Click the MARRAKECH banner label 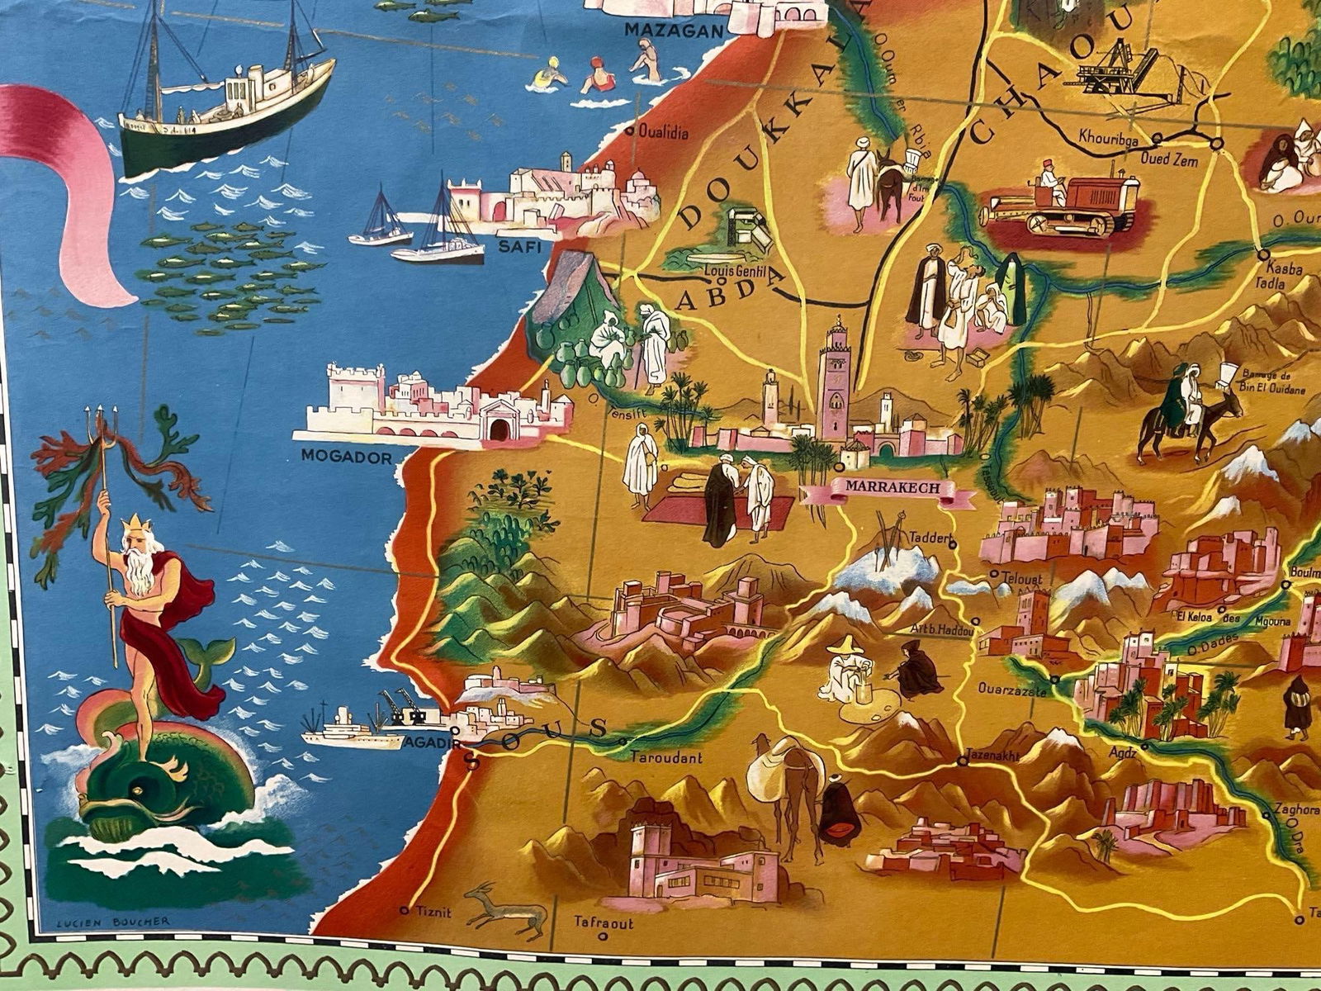point(893,488)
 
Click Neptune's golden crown point(131,523)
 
